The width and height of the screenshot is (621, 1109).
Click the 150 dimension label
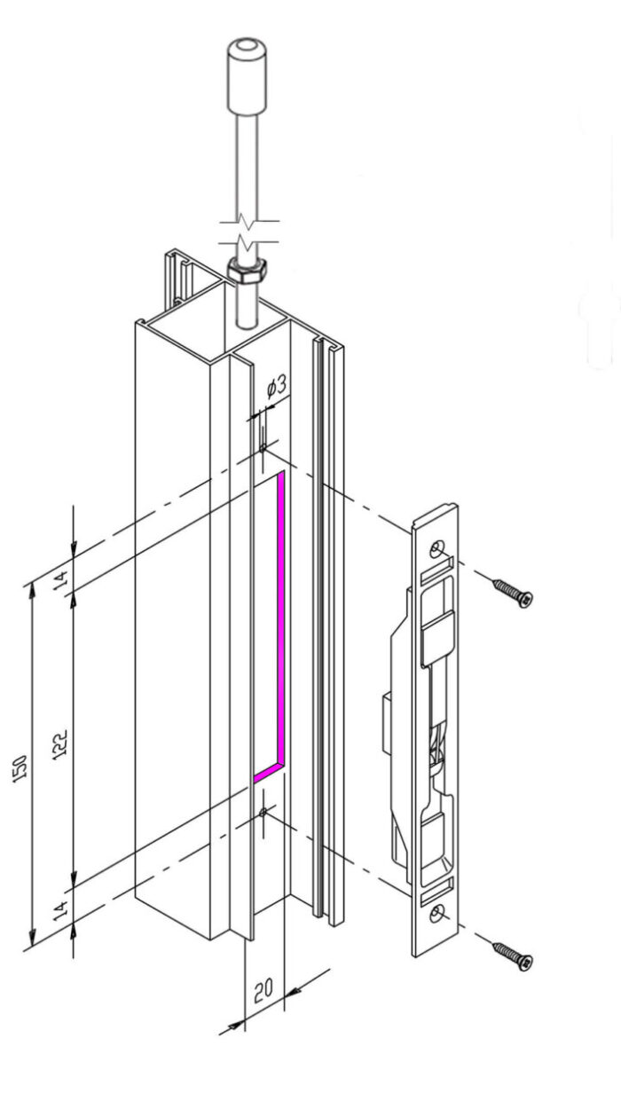pos(20,769)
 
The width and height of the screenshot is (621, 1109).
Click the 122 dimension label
pos(59,744)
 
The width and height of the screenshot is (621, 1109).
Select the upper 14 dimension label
pos(60,579)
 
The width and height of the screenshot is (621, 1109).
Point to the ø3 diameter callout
pos(277,387)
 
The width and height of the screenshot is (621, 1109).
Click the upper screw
pos(513,594)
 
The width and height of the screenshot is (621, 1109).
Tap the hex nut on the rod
pos(248,271)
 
